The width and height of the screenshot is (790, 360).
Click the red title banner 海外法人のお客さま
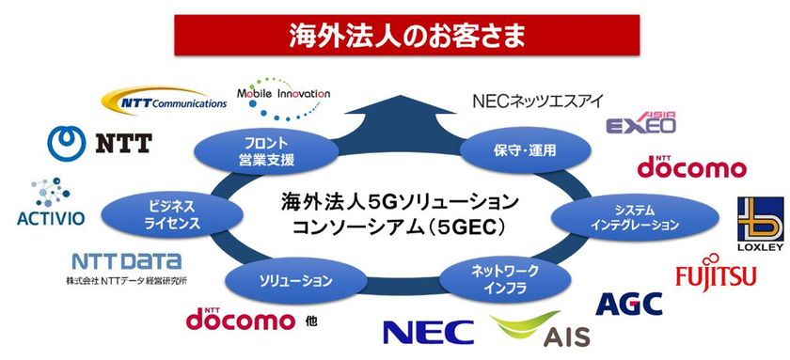point(394,39)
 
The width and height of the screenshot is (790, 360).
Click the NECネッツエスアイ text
point(537,102)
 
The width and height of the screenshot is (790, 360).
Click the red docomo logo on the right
point(692,167)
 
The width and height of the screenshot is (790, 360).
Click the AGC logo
point(629,303)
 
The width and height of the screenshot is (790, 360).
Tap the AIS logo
point(529,330)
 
